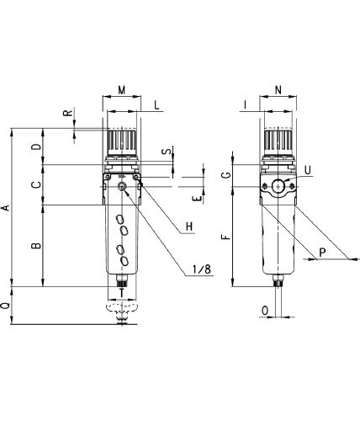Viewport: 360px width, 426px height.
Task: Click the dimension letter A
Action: [x=6, y=208]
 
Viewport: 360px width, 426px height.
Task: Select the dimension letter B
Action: [x=36, y=246]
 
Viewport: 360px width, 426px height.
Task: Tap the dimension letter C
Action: [x=36, y=184]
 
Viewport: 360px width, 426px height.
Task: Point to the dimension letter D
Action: [x=36, y=146]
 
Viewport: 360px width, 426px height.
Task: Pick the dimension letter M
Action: [x=121, y=90]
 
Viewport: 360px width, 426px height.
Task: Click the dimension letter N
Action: [x=278, y=90]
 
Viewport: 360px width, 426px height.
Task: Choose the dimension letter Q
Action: [x=6, y=306]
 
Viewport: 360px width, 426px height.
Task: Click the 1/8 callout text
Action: [x=202, y=269]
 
